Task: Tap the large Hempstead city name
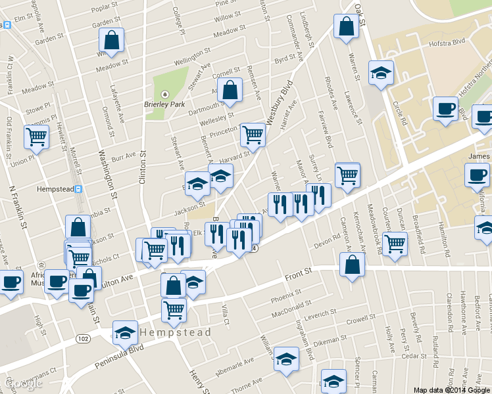pos(178,332)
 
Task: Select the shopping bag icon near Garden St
pos(112,40)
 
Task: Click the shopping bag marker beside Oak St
pos(345,27)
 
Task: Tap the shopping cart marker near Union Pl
pos(37,137)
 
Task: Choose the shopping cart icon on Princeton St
pos(253,135)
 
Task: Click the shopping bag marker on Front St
pos(353,265)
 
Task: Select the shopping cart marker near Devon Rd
pos(395,244)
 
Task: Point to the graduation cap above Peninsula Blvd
pos(125,333)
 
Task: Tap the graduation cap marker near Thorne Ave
pos(286,359)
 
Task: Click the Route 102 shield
pos(82,338)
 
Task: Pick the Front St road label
pos(297,276)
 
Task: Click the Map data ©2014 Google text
pos(452,389)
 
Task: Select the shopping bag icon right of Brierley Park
pos(230,91)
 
